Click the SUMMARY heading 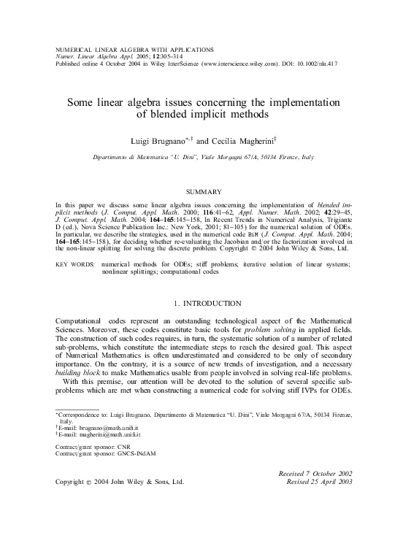coord(207,191)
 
